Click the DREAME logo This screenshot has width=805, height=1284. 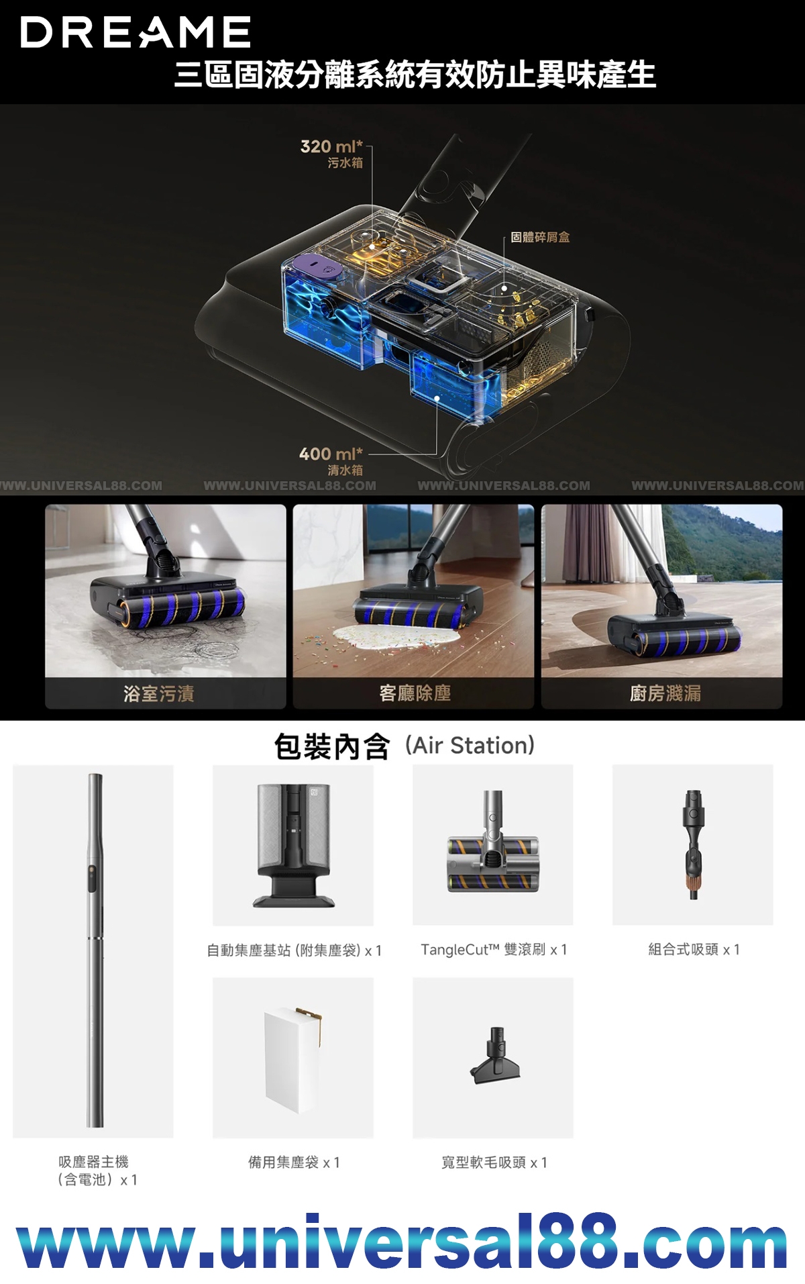pyautogui.click(x=136, y=32)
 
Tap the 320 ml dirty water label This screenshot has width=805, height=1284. pyautogui.click(x=331, y=154)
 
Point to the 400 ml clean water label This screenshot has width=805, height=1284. pyautogui.click(x=331, y=461)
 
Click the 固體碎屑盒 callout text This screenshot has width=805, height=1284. pyautogui.click(x=540, y=237)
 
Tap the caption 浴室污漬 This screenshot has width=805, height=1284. pyautogui.click(x=159, y=693)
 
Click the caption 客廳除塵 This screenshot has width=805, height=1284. pyautogui.click(x=415, y=693)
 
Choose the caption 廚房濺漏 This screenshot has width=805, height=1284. pyautogui.click(x=665, y=693)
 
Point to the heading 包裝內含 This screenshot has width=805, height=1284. pyautogui.click(x=331, y=746)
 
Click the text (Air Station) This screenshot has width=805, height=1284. pyautogui.click(x=470, y=746)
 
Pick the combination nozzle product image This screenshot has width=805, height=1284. pyautogui.click(x=693, y=844)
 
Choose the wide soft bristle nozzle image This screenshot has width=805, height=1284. pyautogui.click(x=496, y=1056)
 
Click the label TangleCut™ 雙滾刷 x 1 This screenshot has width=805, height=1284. pyautogui.click(x=494, y=950)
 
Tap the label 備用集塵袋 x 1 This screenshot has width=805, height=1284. pyautogui.click(x=294, y=1163)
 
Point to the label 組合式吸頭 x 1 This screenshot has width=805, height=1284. pyautogui.click(x=694, y=950)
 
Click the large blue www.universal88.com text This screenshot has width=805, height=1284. pyautogui.click(x=402, y=1243)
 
